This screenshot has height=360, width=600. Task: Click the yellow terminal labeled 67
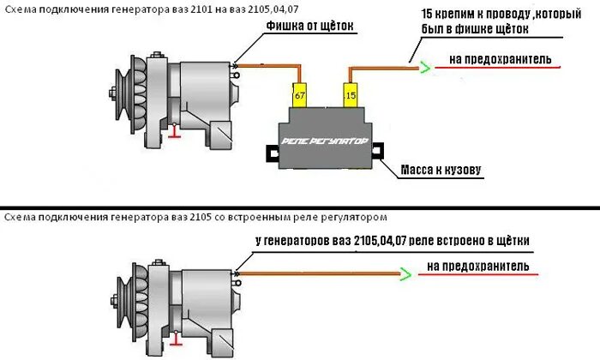299,95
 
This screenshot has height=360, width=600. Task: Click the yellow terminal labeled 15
350,95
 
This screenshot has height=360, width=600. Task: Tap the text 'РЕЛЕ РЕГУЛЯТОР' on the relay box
324,139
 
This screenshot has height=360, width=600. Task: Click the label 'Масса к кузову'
442,170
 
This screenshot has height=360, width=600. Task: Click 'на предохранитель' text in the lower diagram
477,267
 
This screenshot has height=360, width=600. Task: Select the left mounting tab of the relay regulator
272,154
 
